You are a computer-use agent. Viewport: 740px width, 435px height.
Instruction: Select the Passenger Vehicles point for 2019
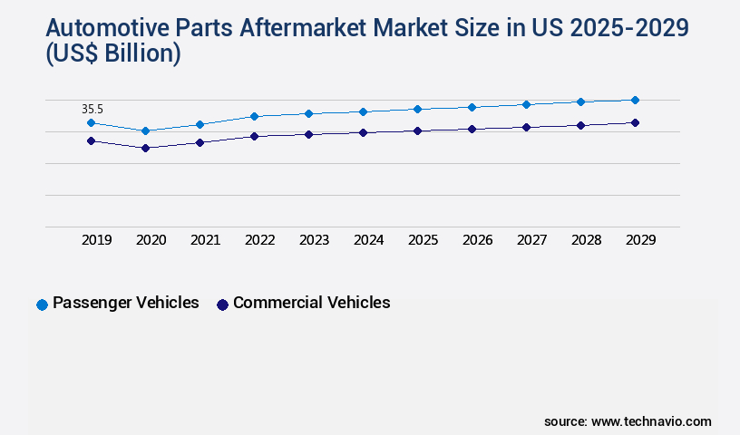coord(91,122)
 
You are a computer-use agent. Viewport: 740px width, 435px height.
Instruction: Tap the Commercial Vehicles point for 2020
coord(145,147)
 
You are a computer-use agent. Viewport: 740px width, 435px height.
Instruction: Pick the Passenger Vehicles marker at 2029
coord(635,100)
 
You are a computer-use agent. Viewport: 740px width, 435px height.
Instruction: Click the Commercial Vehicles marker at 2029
coord(635,122)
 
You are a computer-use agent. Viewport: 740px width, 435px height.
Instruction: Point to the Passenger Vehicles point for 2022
coord(254,116)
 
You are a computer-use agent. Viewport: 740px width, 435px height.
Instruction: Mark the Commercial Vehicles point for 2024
coord(363,132)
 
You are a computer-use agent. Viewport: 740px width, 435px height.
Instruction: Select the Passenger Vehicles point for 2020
coord(145,130)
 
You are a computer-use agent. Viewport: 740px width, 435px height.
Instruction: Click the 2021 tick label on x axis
coord(206,240)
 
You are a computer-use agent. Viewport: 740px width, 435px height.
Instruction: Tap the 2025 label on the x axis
coord(424,240)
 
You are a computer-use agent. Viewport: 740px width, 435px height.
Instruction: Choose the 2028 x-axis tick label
coord(587,240)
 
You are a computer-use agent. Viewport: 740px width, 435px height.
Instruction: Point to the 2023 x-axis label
coord(315,240)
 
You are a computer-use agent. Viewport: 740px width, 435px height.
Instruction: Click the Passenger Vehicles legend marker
coord(42,304)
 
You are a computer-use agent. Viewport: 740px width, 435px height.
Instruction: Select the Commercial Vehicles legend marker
coord(222,304)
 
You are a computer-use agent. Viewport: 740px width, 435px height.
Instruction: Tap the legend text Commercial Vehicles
coord(311,303)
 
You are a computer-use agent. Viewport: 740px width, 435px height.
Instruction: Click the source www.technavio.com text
coord(628,421)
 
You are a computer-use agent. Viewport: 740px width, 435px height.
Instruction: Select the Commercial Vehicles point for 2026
coord(472,129)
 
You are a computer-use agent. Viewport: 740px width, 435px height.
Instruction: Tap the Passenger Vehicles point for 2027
coord(526,104)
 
